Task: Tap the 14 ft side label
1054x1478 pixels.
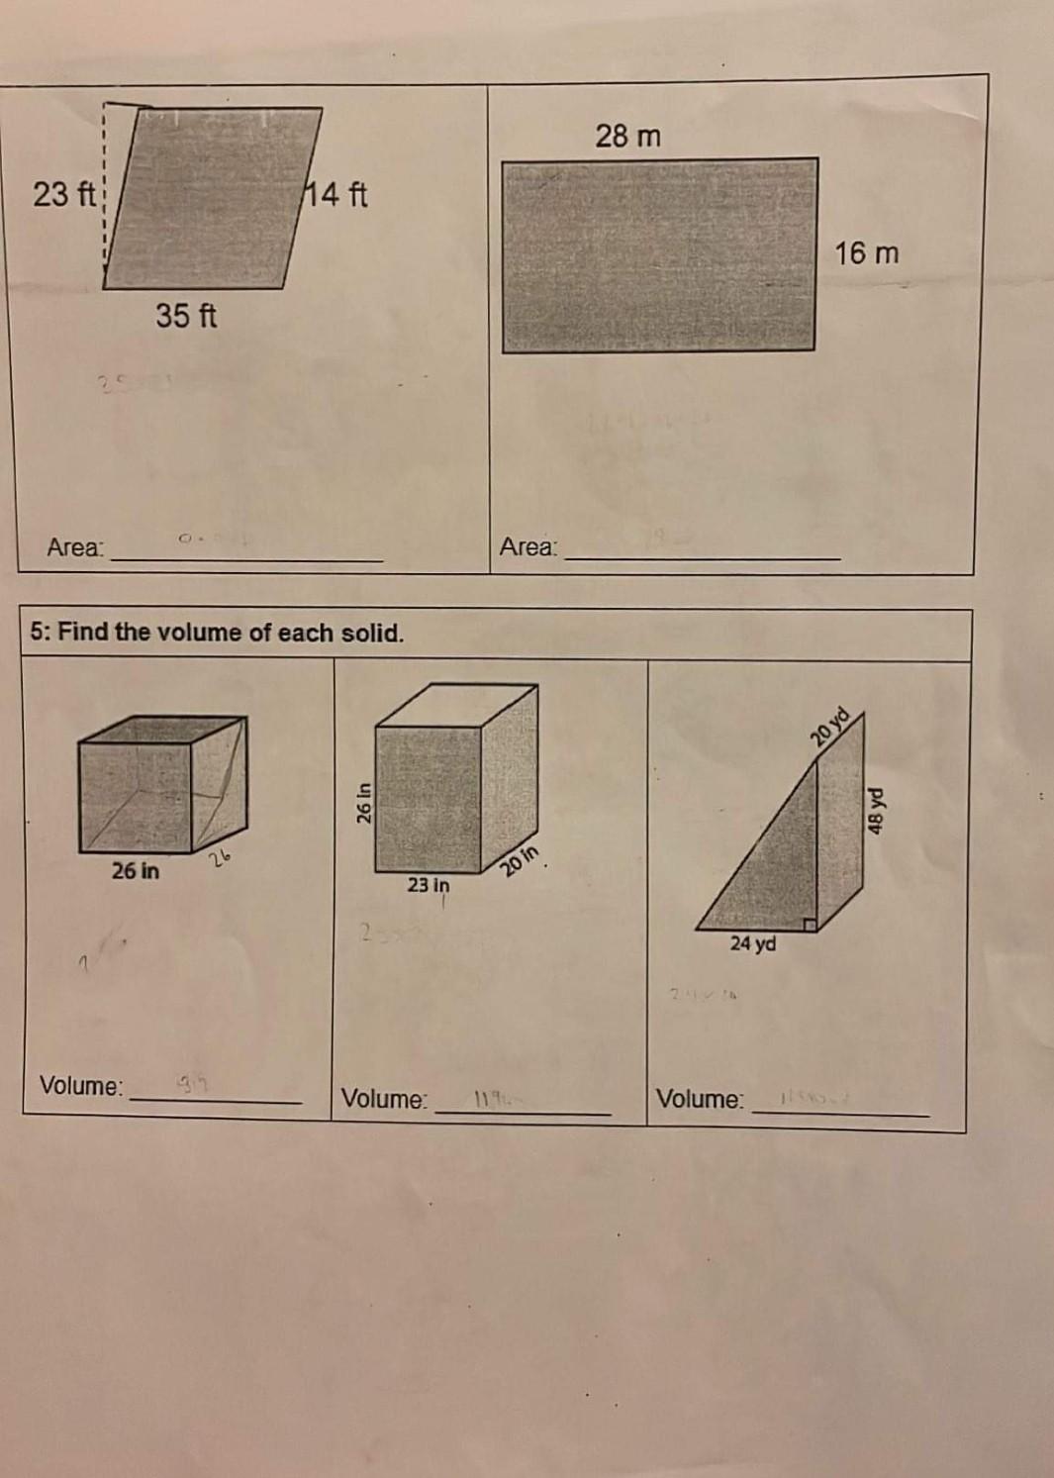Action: click(336, 194)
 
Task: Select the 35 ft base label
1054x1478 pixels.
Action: click(186, 316)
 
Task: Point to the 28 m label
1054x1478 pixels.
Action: click(627, 136)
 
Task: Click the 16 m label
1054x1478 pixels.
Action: click(867, 253)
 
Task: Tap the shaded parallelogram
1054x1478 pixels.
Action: click(213, 198)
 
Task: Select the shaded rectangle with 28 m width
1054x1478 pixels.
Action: click(659, 255)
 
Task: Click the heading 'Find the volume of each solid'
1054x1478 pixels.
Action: click(218, 633)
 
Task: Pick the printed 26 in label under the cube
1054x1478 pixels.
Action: click(136, 871)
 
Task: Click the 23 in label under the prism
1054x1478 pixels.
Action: click(429, 885)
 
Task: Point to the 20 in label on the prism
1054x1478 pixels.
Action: click(521, 861)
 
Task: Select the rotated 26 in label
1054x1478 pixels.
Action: click(363, 804)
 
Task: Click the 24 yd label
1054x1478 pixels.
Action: click(753, 944)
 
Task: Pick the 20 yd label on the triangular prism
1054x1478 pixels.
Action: click(829, 727)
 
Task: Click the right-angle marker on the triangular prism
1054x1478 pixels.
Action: click(810, 924)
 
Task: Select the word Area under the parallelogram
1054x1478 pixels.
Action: click(75, 547)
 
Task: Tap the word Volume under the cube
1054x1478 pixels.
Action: click(81, 1086)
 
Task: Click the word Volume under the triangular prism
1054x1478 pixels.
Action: click(700, 1099)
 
